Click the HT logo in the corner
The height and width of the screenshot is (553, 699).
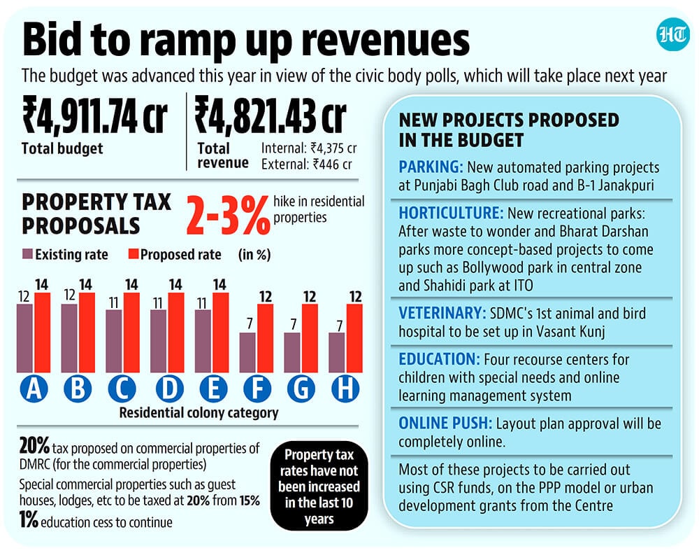pos(672,34)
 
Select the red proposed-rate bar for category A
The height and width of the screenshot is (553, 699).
pos(43,332)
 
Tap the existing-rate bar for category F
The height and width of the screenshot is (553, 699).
pos(247,353)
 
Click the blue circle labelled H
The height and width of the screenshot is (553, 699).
pos(345,388)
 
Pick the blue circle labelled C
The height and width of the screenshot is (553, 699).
pos(122,388)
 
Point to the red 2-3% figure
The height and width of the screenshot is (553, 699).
pos(228,216)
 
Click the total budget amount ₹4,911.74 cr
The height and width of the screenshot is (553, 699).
pos(95,116)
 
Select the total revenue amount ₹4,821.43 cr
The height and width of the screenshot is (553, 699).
pos(271,116)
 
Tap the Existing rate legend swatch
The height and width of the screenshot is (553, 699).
pos(28,254)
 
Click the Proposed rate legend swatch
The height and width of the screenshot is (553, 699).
pos(134,254)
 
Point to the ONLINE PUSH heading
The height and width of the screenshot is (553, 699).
pos(445,423)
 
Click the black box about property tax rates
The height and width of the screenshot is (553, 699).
pos(319,486)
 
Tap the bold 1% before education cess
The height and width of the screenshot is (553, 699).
pos(29,520)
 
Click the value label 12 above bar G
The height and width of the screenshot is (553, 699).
pos(310,297)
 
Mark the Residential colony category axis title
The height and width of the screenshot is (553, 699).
pos(199,413)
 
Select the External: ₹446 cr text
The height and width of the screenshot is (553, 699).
pos(307,164)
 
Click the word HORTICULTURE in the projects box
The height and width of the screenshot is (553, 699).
pos(451,213)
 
